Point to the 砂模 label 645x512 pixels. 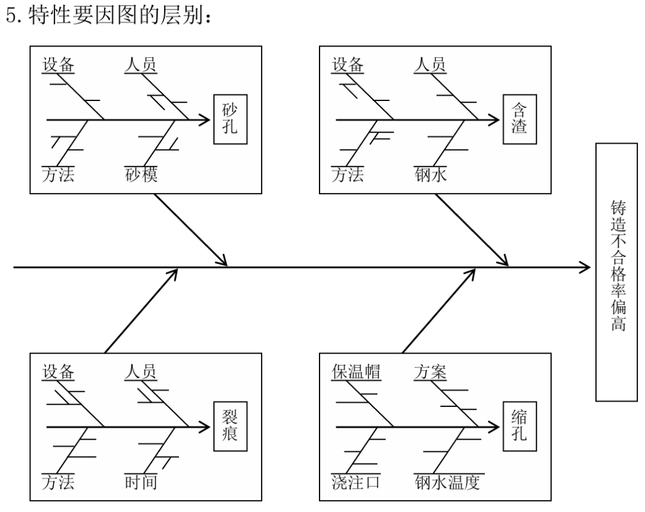[x=141, y=176]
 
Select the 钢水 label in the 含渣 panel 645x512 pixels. [x=430, y=176]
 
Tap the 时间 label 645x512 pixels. [x=141, y=482]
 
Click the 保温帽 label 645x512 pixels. [x=357, y=372]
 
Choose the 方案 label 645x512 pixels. [x=430, y=372]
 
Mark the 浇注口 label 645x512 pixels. [x=357, y=482]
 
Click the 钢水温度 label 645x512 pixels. [x=447, y=482]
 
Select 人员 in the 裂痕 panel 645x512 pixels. [x=141, y=372]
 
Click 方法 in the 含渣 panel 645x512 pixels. [x=348, y=176]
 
